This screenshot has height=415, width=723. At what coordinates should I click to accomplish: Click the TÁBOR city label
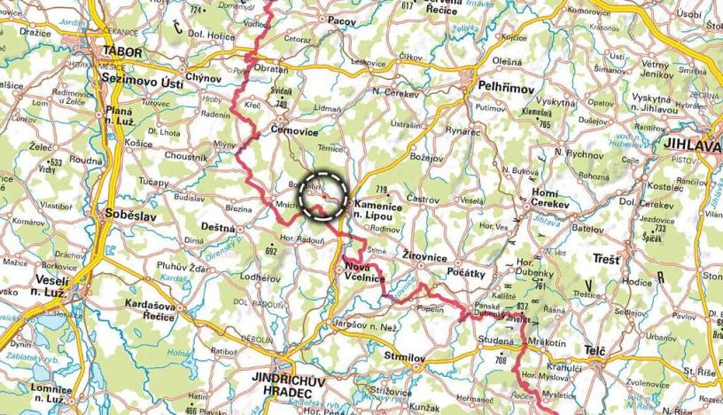(x=122, y=52)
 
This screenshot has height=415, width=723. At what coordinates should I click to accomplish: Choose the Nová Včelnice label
(x=362, y=274)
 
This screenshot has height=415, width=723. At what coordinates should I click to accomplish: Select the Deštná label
(x=218, y=227)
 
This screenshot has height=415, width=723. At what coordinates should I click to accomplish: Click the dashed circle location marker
(x=324, y=196)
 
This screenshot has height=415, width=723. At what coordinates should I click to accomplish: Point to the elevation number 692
(x=272, y=250)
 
